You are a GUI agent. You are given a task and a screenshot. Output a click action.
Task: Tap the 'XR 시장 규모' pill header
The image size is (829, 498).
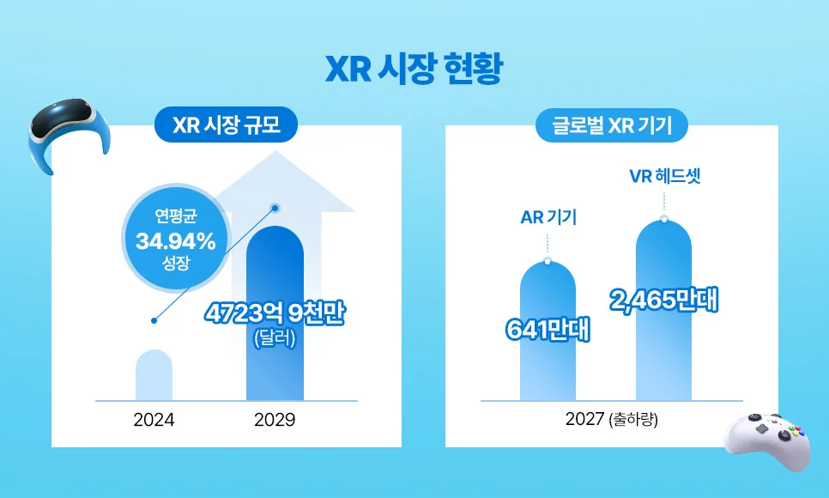(226, 127)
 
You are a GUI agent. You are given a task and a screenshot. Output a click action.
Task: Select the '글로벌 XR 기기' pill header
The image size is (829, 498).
(611, 127)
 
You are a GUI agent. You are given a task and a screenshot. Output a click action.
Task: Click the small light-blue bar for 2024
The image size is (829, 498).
(154, 376)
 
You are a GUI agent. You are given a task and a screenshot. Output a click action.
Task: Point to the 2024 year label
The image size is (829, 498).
(154, 421)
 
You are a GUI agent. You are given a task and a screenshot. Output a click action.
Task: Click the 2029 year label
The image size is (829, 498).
(275, 421)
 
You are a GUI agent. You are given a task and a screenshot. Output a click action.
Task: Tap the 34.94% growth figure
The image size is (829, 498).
(175, 241)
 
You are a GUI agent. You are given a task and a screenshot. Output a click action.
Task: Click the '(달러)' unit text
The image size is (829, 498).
(275, 338)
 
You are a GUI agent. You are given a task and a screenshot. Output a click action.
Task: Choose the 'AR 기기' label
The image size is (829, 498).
(548, 217)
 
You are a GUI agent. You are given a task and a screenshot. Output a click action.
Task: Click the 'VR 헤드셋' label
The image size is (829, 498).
(664, 177)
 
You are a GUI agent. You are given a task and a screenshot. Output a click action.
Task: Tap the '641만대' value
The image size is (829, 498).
(548, 330)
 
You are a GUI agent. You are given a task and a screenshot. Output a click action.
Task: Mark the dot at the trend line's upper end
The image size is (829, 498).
(275, 207)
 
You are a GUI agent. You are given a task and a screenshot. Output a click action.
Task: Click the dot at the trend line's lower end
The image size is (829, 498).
(154, 321)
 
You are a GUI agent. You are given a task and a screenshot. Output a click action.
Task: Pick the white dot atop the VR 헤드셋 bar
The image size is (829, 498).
(664, 218)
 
